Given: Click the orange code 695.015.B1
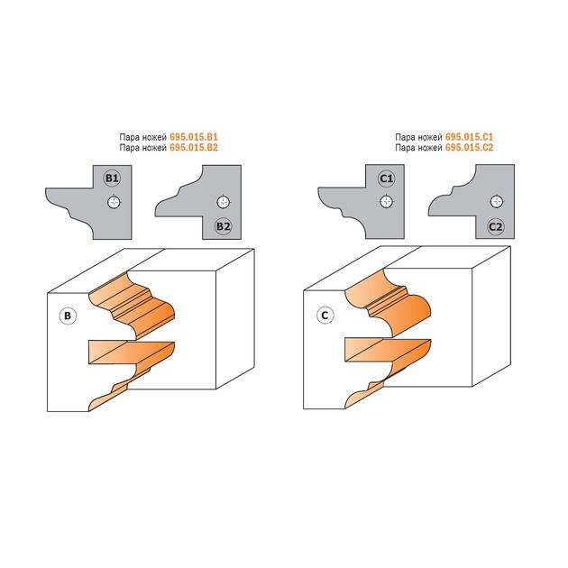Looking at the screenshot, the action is (x=194, y=137).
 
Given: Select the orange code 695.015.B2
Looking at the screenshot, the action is (x=194, y=148).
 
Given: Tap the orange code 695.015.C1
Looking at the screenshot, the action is (x=469, y=137).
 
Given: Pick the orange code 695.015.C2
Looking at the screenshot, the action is (x=469, y=148).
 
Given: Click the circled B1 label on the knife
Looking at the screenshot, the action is (x=112, y=179).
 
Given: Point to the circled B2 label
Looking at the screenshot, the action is (x=223, y=226).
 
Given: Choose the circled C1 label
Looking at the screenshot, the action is (x=387, y=179).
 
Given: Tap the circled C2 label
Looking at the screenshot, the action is (x=495, y=227).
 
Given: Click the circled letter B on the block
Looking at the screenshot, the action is (x=68, y=316).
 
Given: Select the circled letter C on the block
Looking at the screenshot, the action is (x=325, y=316).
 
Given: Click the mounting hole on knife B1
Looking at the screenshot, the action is (x=115, y=202).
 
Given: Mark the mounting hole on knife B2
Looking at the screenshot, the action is (x=224, y=202).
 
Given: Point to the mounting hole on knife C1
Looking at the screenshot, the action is (x=387, y=201).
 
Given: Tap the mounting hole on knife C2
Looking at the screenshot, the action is (x=496, y=201).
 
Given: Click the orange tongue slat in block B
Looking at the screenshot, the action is (x=131, y=353).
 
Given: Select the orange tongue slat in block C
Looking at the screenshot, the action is (x=388, y=351).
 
